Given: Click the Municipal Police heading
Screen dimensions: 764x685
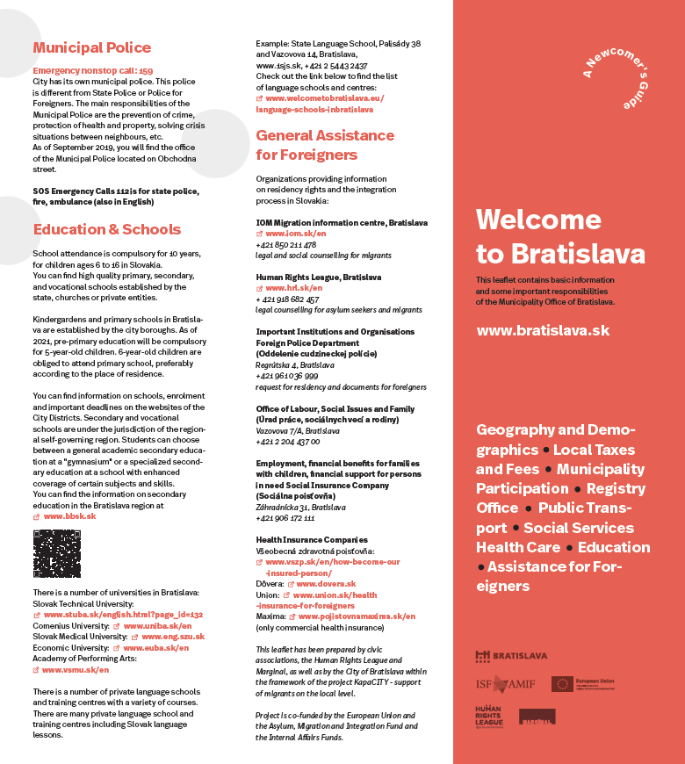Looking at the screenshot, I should [x=91, y=48].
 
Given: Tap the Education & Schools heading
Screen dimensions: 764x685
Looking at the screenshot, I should [x=106, y=230].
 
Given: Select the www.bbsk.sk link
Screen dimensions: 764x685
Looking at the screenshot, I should [x=69, y=516].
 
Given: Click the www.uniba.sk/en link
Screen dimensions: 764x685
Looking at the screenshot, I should [x=157, y=626].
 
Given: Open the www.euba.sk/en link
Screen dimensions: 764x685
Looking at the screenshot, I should [x=155, y=647].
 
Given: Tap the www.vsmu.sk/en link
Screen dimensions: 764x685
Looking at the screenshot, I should [x=76, y=669].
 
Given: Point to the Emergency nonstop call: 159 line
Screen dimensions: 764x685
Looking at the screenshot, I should [x=92, y=69].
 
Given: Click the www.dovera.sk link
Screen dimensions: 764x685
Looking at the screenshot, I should [x=326, y=583].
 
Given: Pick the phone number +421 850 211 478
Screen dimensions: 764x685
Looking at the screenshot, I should [x=286, y=245].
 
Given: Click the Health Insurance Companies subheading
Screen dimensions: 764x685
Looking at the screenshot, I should [x=312, y=540].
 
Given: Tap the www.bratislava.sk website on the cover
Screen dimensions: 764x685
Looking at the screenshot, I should [x=542, y=331].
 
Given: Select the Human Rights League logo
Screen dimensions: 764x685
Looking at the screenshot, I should [x=489, y=717].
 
